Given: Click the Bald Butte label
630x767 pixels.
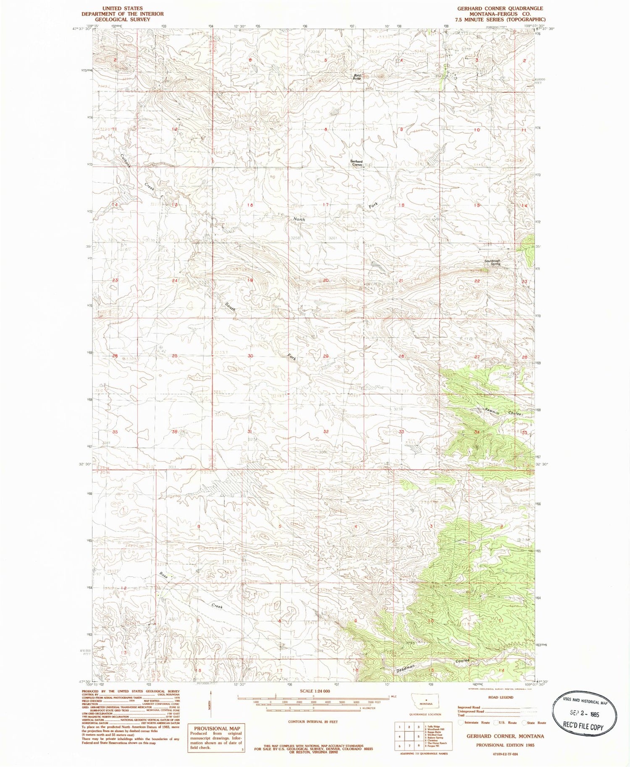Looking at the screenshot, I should pyautogui.click(x=357, y=77).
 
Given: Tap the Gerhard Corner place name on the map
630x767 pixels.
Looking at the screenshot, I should pyautogui.click(x=357, y=163).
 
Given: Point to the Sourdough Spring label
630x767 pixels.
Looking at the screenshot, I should pyautogui.click(x=492, y=262).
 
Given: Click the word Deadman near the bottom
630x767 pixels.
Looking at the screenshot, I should pyautogui.click(x=406, y=669).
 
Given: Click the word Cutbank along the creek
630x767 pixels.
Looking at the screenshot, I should pyautogui.click(x=125, y=161).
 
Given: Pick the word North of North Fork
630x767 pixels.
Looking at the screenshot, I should pyautogui.click(x=299, y=220).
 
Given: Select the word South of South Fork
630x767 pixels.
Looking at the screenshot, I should pyautogui.click(x=230, y=307).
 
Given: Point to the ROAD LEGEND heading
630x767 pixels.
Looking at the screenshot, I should pyautogui.click(x=501, y=697).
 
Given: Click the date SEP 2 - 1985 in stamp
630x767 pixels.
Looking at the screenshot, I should pyautogui.click(x=584, y=714).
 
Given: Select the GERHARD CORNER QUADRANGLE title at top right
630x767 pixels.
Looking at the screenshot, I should pyautogui.click(x=500, y=8).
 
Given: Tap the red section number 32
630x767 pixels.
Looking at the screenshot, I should pyautogui.click(x=326, y=432).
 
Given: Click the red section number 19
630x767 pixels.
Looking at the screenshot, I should pyautogui.click(x=250, y=280).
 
